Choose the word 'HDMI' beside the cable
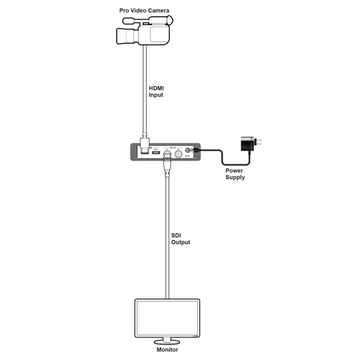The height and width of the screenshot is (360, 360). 157,88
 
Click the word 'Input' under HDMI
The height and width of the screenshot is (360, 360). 156,95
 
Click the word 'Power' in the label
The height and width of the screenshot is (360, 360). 235,170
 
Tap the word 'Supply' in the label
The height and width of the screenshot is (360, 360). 235,178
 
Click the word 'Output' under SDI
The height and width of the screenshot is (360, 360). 181,242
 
